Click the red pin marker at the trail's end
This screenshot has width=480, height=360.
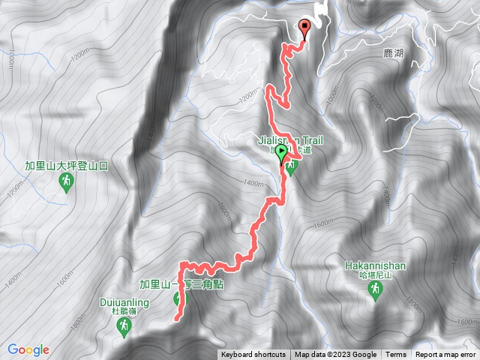(304, 28)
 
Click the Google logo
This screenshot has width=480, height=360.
(28, 349)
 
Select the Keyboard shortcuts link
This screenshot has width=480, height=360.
(253, 355)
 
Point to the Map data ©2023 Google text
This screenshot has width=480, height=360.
(335, 355)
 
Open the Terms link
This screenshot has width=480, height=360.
(396, 355)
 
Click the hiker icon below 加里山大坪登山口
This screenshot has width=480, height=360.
(67, 181)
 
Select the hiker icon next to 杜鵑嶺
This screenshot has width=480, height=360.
(124, 327)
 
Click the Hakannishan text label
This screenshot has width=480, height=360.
(376, 265)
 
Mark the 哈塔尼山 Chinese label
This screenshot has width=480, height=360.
(376, 275)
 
